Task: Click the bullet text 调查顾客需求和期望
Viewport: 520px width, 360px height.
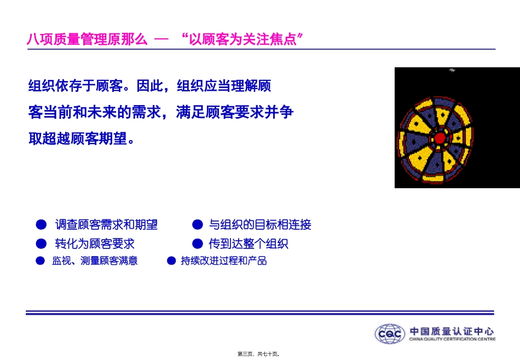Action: click(106, 225)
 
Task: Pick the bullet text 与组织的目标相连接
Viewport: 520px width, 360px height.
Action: click(260, 225)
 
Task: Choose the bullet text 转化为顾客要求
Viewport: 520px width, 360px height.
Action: click(95, 243)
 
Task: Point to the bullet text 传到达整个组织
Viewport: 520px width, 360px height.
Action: click(249, 243)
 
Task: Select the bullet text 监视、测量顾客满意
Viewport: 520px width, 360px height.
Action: click(95, 261)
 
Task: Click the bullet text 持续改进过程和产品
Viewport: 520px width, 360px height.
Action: click(224, 261)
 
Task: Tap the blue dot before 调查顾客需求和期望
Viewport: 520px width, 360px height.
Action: click(40, 225)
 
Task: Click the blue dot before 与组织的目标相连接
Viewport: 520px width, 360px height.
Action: click(198, 225)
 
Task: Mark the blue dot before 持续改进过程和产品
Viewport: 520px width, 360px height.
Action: click(171, 261)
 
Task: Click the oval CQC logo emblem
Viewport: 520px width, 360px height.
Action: click(390, 334)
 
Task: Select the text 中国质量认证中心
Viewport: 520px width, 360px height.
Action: click(452, 331)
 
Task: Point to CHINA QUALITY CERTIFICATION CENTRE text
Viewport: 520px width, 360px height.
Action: click(452, 339)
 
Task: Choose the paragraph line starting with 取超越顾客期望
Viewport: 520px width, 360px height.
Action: click(82, 138)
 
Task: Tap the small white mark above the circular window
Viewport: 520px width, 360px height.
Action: click(452, 69)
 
